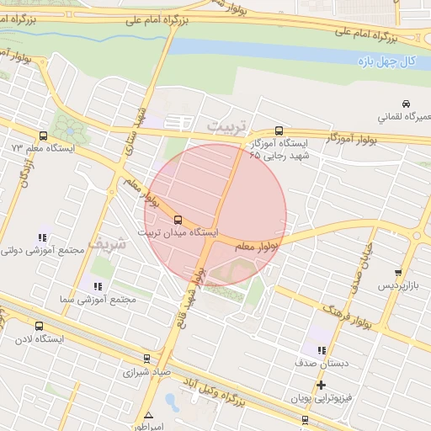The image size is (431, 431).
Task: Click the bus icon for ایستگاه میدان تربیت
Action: click(177, 221)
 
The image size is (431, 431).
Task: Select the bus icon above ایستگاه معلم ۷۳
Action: click(44, 136)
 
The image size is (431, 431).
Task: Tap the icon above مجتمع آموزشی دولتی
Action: click(42, 238)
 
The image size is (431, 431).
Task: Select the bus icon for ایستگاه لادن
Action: click(39, 327)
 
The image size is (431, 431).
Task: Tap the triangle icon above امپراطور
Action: click(149, 415)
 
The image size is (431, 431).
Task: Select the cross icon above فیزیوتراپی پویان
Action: click(321, 385)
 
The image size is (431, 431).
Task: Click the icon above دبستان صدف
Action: click(321, 349)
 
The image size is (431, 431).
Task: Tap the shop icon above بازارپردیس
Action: click(398, 273)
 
